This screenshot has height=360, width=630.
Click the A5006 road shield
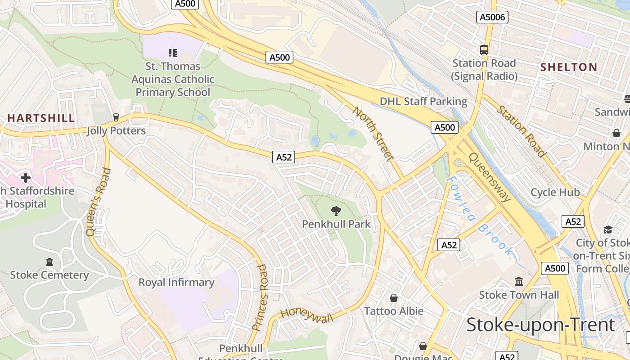(x=492, y=17)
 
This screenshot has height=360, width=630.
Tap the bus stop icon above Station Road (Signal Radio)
(x=484, y=50)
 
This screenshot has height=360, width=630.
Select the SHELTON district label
(x=569, y=67)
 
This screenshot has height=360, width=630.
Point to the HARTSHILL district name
(x=41, y=118)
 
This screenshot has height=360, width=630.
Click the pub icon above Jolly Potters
(x=116, y=117)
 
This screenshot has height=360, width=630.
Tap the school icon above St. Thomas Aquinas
(x=173, y=53)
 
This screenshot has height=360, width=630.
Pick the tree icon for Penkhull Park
(x=336, y=211)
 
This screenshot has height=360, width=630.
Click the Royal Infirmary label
(x=176, y=283)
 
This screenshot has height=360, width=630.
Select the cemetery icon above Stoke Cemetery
(x=49, y=262)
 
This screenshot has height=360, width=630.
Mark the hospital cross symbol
(x=26, y=178)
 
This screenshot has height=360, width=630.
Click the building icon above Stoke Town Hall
(x=519, y=282)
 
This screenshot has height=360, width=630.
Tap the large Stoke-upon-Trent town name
(x=540, y=324)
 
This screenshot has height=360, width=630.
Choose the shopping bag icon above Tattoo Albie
(x=394, y=298)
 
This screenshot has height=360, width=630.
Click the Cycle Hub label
(x=555, y=193)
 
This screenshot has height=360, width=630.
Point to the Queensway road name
(x=490, y=177)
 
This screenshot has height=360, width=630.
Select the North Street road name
(x=373, y=134)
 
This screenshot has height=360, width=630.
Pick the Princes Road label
(x=260, y=297)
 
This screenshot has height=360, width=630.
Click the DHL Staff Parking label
(x=423, y=101)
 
